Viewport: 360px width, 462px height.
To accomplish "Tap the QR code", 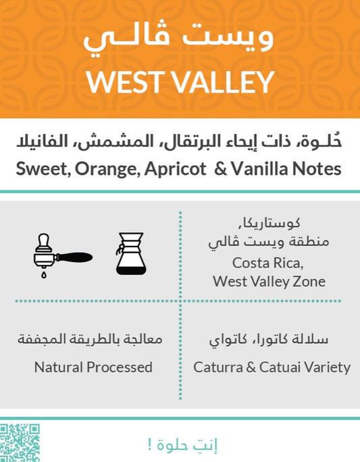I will [20, 442].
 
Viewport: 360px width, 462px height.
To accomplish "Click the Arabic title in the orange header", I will [180, 39].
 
